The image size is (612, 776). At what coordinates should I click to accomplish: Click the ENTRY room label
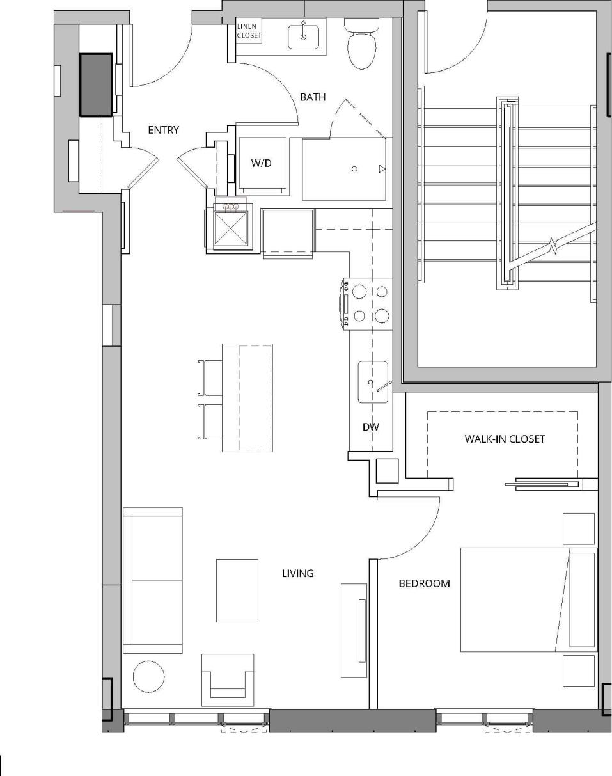pos(164,130)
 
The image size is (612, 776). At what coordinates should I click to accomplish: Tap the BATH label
pos(313,97)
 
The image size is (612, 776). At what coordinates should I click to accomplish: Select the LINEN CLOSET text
pos(249,31)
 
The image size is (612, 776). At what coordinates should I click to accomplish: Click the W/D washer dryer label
pos(261,163)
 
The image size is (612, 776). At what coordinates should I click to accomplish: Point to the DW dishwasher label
pos(371,427)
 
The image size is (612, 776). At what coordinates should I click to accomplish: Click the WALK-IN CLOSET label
pos(505,439)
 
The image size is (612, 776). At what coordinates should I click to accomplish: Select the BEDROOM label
pos(424,583)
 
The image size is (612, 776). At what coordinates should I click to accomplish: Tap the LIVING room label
pos(298,573)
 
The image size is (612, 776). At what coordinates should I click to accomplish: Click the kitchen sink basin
pos(372,383)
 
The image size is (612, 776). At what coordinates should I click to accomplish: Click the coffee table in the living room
pos(237,590)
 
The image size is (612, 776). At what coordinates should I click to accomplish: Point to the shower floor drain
pos(354,169)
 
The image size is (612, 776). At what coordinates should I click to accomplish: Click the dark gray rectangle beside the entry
pos(96,85)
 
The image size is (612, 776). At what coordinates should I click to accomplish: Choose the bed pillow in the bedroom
pos(581,599)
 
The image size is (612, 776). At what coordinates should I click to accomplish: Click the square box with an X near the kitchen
pos(230,229)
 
